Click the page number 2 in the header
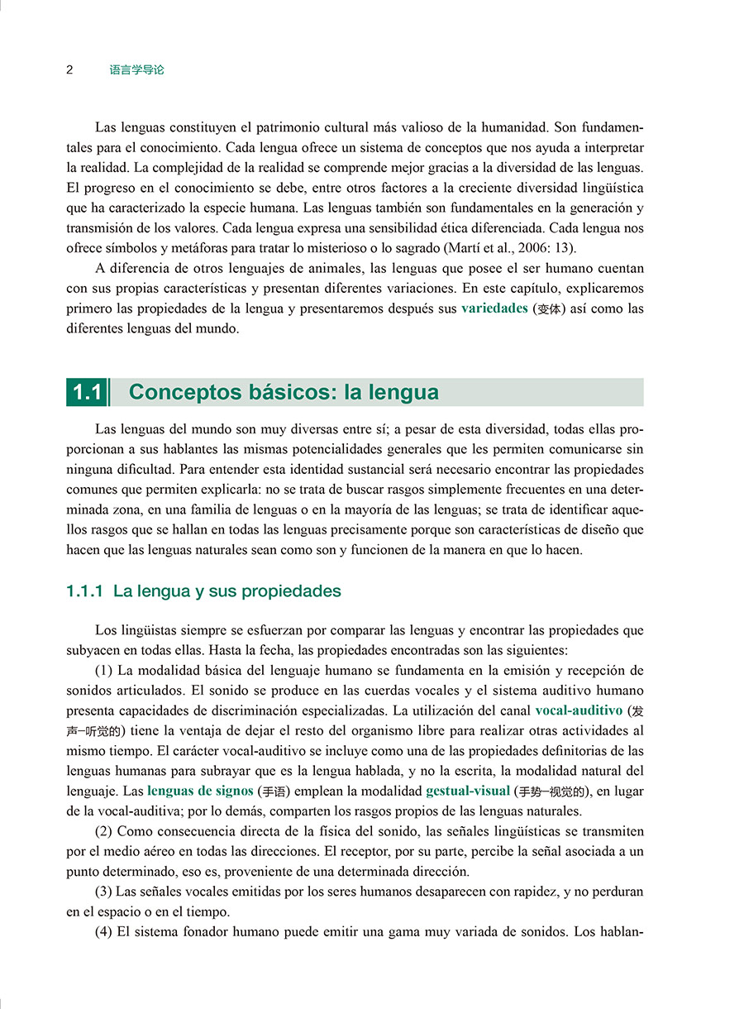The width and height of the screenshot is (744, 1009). pos(70,70)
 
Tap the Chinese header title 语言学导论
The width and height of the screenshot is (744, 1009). pos(137,70)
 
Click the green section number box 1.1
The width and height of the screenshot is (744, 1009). pos(87,392)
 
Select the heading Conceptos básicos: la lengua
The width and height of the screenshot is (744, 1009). pos(284,392)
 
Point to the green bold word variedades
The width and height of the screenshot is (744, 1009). pos(494,308)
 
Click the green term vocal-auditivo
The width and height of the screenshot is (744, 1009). pos(579,710)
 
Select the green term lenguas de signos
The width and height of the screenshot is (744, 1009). pos(200,790)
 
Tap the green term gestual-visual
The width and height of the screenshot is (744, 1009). pos(468,790)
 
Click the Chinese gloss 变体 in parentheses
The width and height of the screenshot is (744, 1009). pos(551,308)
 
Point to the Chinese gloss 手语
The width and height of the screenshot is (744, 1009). pos(273,791)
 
